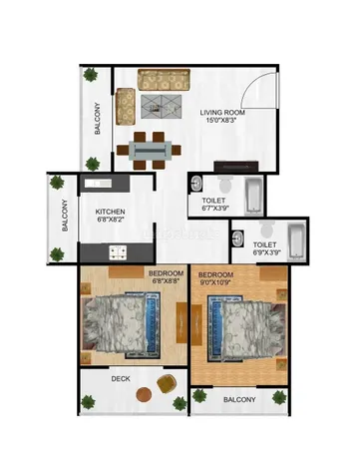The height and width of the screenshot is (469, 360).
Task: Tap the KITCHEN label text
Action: pos(110,212)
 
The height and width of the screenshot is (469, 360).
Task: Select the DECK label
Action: pos(121,379)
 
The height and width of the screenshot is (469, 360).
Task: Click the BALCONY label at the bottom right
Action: pos(239,400)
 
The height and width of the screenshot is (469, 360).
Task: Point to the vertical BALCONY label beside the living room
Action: pos(98,119)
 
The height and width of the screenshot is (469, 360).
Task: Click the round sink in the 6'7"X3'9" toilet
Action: pos(197,185)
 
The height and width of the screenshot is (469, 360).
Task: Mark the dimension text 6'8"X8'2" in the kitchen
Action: pos(110,222)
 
